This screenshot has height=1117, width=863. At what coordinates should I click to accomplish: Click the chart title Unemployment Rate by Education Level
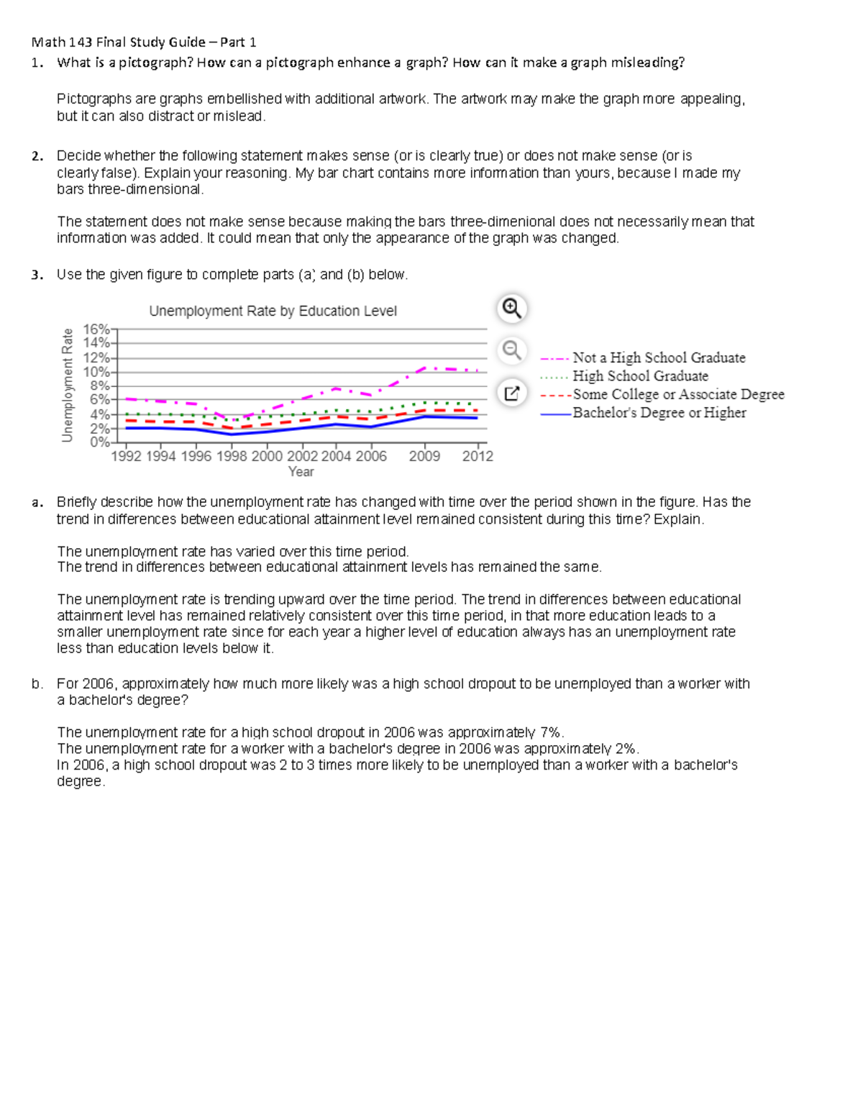click(273, 311)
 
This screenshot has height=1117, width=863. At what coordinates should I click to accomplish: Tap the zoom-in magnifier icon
click(511, 309)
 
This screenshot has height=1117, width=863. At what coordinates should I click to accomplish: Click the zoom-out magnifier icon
click(511, 350)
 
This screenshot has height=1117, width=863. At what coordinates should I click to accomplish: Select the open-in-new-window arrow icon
click(511, 393)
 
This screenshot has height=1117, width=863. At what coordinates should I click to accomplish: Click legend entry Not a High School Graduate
click(658, 357)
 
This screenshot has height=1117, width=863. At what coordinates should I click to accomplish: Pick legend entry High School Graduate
click(640, 375)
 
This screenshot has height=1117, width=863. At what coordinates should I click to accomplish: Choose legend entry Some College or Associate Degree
click(677, 394)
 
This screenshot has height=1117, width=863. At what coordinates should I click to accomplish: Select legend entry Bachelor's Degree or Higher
click(659, 413)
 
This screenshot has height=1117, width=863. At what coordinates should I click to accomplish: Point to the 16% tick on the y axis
click(96, 329)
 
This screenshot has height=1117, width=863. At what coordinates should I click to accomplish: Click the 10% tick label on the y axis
click(96, 372)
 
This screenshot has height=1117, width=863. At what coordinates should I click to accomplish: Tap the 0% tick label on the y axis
click(99, 442)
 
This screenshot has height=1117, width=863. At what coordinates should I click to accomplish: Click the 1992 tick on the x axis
click(126, 456)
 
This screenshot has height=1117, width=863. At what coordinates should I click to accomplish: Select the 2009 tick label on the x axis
click(424, 456)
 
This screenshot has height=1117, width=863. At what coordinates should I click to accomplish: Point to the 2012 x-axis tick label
click(478, 456)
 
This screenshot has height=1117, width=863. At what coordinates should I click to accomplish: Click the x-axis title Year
click(301, 472)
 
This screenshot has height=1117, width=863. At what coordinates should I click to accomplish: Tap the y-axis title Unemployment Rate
click(68, 385)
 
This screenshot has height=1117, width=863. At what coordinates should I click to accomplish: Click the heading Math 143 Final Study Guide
click(144, 42)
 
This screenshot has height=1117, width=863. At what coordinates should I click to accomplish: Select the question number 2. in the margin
click(37, 155)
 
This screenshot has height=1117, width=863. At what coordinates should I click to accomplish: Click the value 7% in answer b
click(551, 732)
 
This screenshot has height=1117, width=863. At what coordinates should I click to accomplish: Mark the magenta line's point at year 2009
click(424, 368)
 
